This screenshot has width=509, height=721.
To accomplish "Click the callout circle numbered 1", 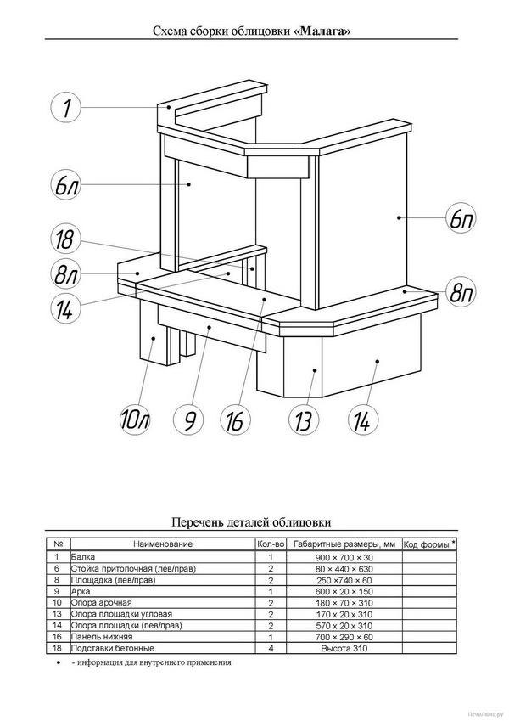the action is pyautogui.click(x=65, y=108).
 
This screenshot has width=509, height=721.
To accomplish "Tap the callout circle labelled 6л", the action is pyautogui.click(x=65, y=186).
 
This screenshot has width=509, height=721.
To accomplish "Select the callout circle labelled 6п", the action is pyautogui.click(x=461, y=218).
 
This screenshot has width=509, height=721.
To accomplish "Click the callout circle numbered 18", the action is pyautogui.click(x=65, y=239).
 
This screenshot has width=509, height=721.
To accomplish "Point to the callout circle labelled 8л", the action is pyautogui.click(x=65, y=274).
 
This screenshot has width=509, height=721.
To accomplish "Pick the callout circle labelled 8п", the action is pyautogui.click(x=461, y=293).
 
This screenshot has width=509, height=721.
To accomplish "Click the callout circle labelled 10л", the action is pyautogui.click(x=135, y=420).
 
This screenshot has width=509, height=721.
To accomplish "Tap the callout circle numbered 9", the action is pyautogui.click(x=189, y=420).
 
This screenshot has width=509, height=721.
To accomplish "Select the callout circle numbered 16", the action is pyautogui.click(x=236, y=420).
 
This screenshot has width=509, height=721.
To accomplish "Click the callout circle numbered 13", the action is pyautogui.click(x=304, y=420).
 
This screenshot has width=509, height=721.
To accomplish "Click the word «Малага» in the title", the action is pyautogui.click(x=322, y=31).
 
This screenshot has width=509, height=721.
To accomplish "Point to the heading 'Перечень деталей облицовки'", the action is pyautogui.click(x=251, y=522).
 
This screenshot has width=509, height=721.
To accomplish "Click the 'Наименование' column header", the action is pyautogui.click(x=163, y=544).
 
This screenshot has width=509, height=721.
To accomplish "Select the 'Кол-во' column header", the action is pyautogui.click(x=271, y=544).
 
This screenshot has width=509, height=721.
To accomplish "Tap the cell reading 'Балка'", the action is pyautogui.click(x=83, y=557).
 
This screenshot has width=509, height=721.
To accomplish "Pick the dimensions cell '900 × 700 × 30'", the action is pyautogui.click(x=344, y=558).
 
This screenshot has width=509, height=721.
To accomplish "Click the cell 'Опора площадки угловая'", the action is pyautogui.click(x=122, y=614).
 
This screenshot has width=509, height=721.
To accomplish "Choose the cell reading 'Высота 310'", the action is pyautogui.click(x=344, y=648).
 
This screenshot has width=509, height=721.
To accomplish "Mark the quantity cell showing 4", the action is pyautogui.click(x=271, y=648).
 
